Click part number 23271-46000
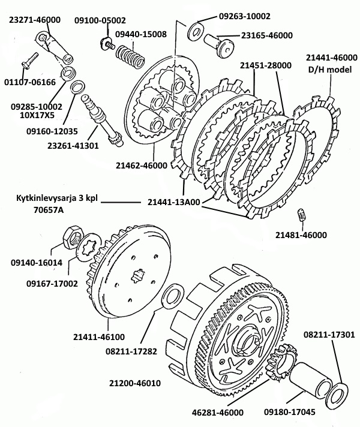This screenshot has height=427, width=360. [34, 19]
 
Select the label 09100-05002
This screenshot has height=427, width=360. [100, 20]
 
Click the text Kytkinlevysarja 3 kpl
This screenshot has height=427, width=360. [52, 198]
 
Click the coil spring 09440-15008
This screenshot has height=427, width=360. [128, 60]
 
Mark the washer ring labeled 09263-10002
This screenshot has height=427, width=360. [197, 29]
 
